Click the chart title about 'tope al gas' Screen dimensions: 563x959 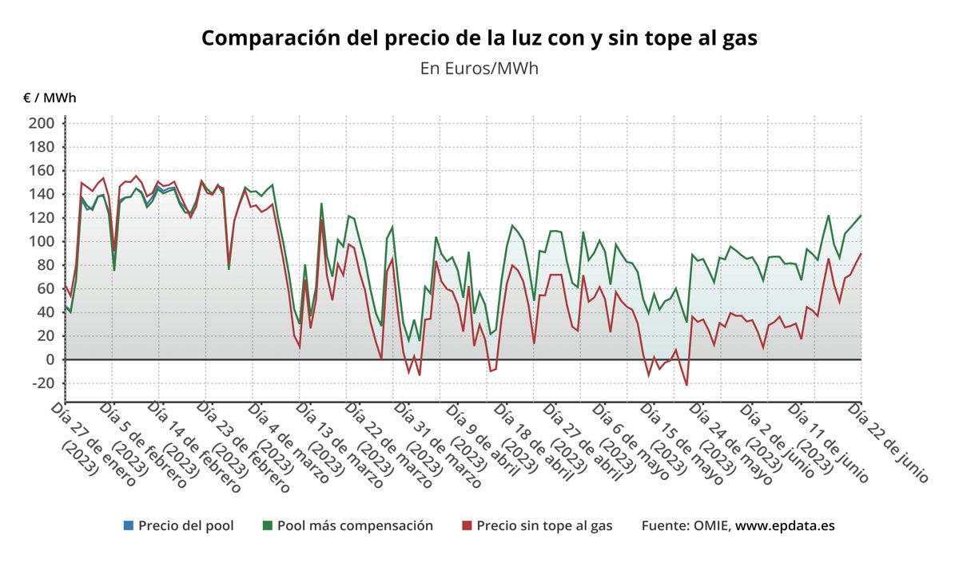479,38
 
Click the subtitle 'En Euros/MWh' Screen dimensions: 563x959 479,68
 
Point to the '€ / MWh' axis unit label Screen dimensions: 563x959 50,98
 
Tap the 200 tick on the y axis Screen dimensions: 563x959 42,123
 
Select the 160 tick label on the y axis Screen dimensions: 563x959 42,170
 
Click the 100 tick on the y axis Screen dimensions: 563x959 42,241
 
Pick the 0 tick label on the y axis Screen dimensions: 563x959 49,359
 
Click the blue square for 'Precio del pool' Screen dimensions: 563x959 129,525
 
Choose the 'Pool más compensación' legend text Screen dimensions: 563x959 355,525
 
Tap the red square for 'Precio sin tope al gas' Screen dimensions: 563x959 467,525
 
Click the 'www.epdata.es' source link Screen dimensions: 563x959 785,525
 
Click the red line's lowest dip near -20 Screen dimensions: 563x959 686,385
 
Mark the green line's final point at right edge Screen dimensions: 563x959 861,216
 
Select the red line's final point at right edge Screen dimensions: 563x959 861,254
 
